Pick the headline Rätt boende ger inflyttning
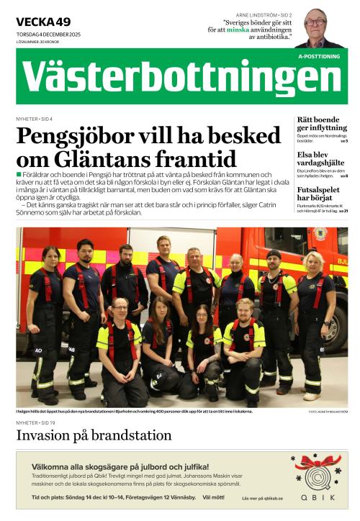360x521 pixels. coord(322,124)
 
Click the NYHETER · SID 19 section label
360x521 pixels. coord(35,422)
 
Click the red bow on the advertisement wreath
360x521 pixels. coord(317,461)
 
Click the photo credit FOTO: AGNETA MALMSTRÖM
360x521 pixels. coord(327,412)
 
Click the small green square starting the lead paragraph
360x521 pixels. coord(19,175)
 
